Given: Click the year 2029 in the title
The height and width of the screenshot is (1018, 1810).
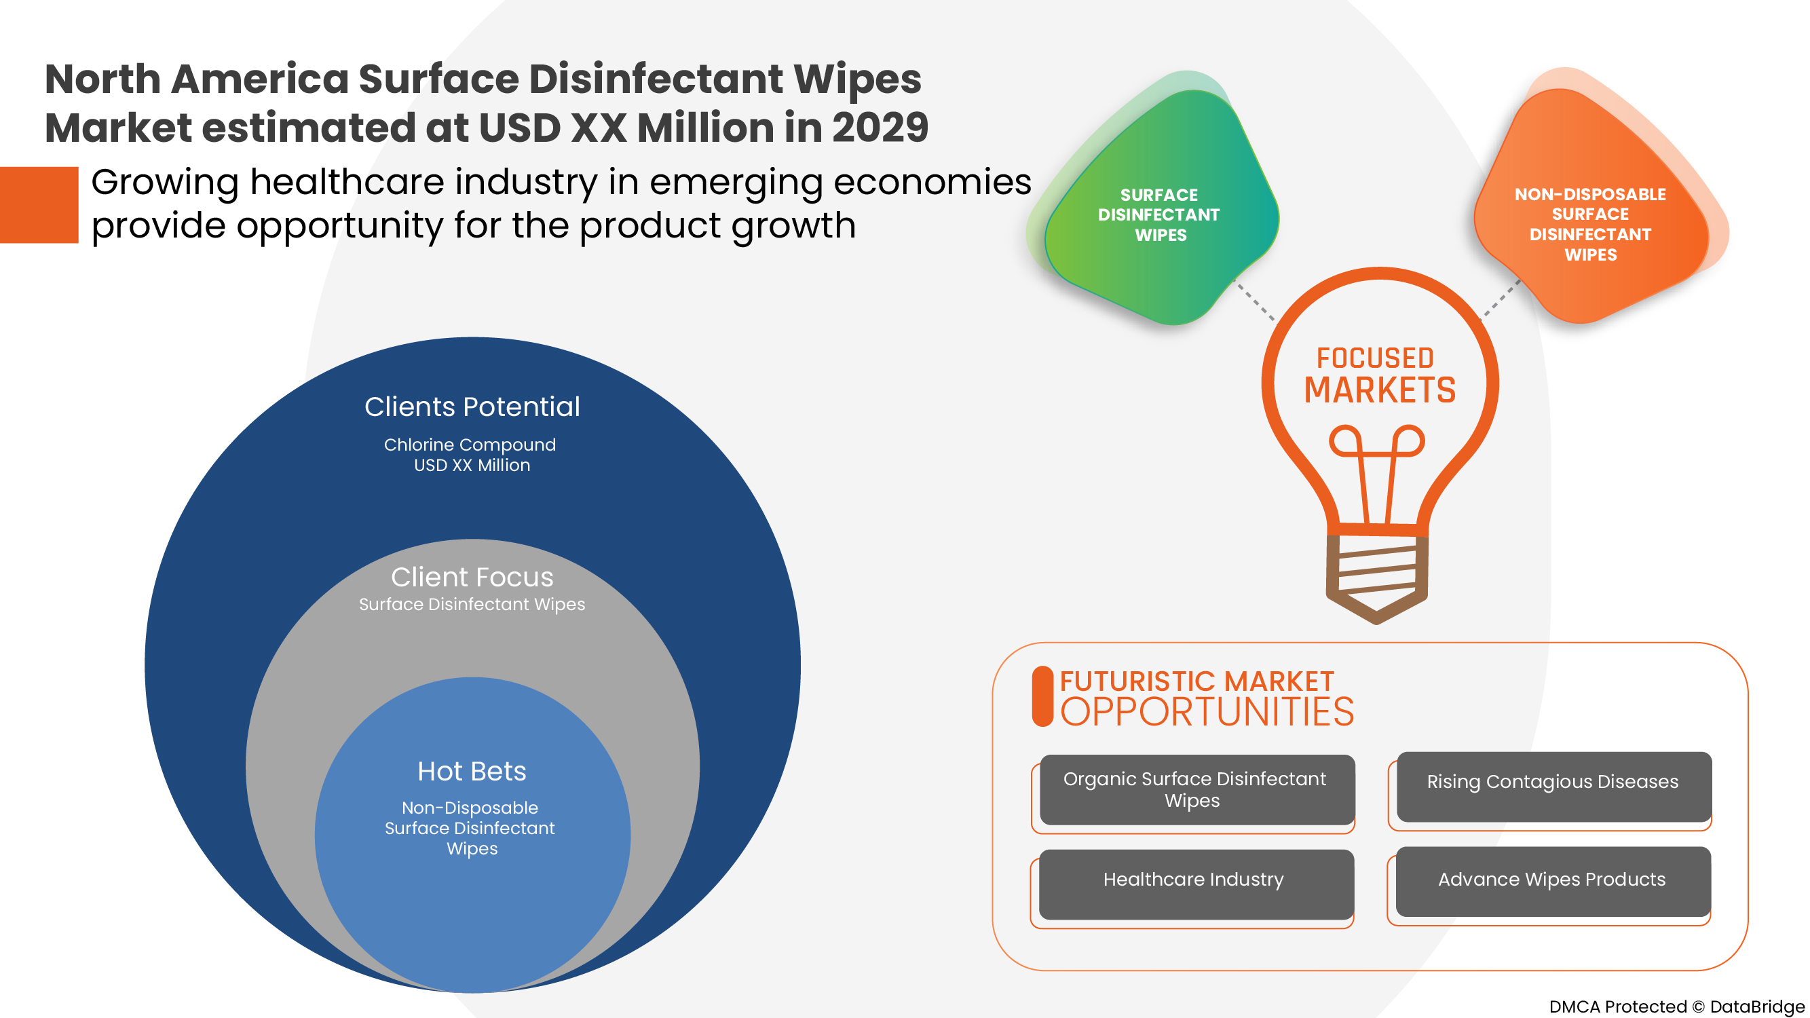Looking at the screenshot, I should [880, 128].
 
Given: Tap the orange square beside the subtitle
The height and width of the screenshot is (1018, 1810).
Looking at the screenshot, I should [39, 205].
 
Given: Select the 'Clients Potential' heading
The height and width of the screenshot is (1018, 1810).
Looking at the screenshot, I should [472, 407].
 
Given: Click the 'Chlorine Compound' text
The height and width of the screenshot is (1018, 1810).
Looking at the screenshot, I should [470, 445].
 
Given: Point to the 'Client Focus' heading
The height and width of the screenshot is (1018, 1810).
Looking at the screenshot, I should [472, 577].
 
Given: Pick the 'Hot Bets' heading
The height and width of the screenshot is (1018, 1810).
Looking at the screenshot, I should [472, 772].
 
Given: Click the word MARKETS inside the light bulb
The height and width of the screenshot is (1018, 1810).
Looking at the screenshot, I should [1379, 391].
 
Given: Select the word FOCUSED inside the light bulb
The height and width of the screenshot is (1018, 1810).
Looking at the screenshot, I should [1375, 358].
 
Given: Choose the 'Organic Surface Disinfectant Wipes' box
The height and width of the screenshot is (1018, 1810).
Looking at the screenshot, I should [1196, 790].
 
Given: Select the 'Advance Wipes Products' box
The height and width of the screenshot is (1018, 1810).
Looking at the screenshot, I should [1552, 880].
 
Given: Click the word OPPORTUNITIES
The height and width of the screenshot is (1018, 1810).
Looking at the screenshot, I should [1207, 713].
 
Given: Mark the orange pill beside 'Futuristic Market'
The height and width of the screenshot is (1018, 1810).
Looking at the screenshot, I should [1042, 696].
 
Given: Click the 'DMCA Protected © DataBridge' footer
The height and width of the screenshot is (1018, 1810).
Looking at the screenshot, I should [1676, 1006].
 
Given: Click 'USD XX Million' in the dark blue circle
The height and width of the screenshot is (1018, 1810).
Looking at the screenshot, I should [472, 466].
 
